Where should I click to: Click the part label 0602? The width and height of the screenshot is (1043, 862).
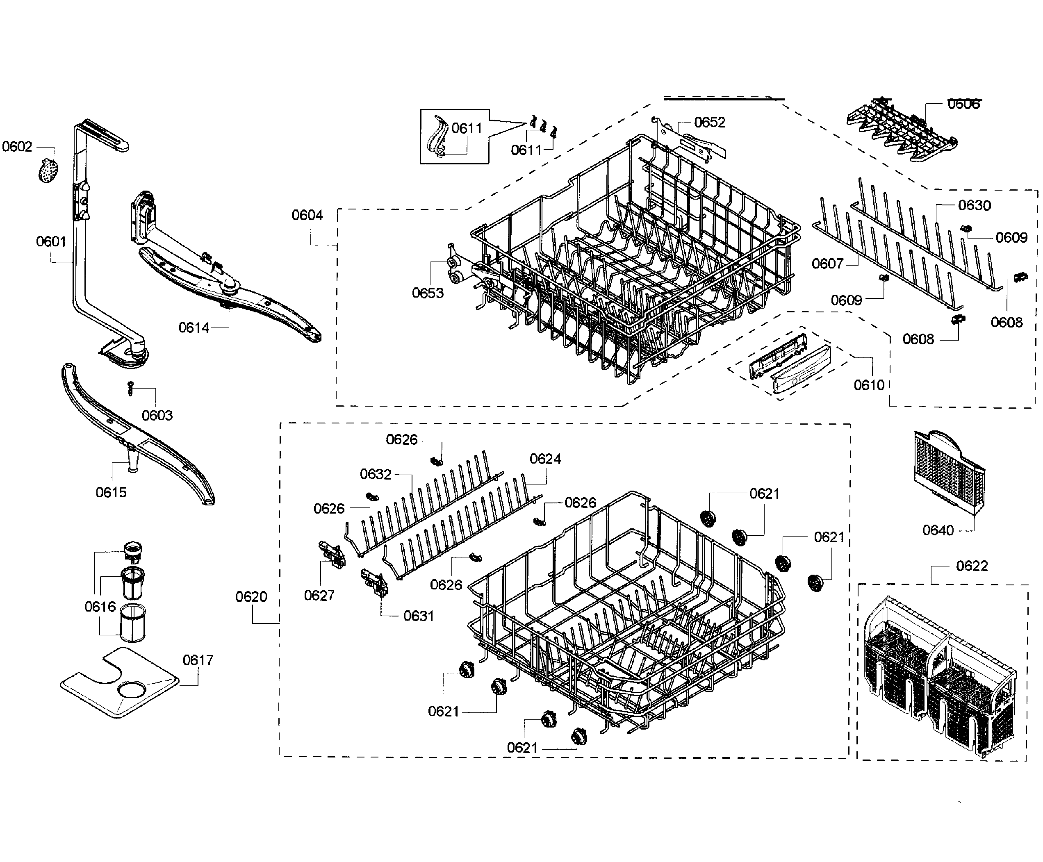click(x=17, y=146)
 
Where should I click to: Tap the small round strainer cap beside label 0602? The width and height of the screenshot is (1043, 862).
click(x=48, y=171)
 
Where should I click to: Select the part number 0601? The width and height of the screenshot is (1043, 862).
click(x=51, y=241)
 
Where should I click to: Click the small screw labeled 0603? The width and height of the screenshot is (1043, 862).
click(x=131, y=388)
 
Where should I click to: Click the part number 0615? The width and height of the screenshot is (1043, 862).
click(x=111, y=492)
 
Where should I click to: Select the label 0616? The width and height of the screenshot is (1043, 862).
click(x=100, y=606)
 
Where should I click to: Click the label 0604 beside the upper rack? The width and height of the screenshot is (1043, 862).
click(x=307, y=215)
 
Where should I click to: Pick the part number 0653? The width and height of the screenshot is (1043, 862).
click(x=428, y=293)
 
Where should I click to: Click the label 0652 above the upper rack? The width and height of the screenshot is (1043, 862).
click(x=709, y=122)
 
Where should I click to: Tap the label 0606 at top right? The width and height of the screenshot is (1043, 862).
click(x=963, y=104)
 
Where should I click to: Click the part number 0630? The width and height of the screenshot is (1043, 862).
click(x=975, y=205)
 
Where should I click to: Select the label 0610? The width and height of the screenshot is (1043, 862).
click(x=869, y=385)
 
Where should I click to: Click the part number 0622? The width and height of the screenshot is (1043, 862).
click(x=972, y=566)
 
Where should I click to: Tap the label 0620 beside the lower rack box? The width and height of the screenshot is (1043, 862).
click(x=251, y=596)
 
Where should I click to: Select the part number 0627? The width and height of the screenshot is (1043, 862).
click(x=319, y=595)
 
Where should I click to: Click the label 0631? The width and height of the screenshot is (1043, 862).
click(x=418, y=616)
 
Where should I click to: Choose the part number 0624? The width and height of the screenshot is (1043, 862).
click(x=545, y=459)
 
